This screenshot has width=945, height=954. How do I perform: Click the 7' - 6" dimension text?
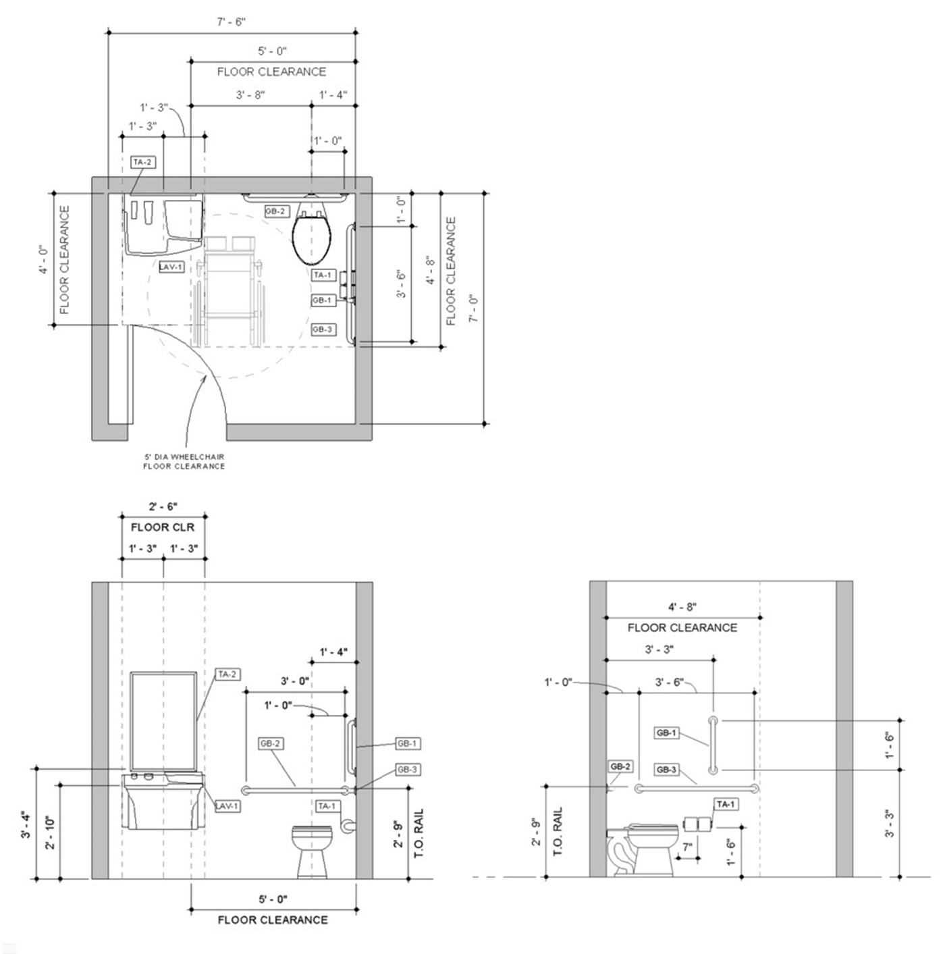point(231,22)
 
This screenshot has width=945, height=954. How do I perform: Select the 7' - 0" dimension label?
point(474,309)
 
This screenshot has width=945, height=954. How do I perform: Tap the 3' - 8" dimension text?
point(250,95)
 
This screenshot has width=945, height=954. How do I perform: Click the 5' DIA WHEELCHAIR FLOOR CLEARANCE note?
point(184,461)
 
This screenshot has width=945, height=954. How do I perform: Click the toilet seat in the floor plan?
point(311,240)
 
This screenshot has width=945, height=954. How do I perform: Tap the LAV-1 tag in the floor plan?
point(171,267)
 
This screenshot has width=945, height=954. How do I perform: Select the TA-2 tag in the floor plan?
point(142,162)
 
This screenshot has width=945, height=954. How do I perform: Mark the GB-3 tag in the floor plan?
point(322,329)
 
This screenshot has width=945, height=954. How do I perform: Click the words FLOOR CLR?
point(163,528)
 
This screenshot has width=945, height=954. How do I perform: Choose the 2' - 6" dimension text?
point(163,506)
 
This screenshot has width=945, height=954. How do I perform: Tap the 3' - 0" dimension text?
point(295,681)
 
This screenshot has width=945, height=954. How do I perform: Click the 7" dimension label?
point(687,847)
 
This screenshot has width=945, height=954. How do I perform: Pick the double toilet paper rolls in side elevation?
point(698,824)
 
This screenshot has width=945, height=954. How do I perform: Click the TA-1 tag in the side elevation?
point(726,805)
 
